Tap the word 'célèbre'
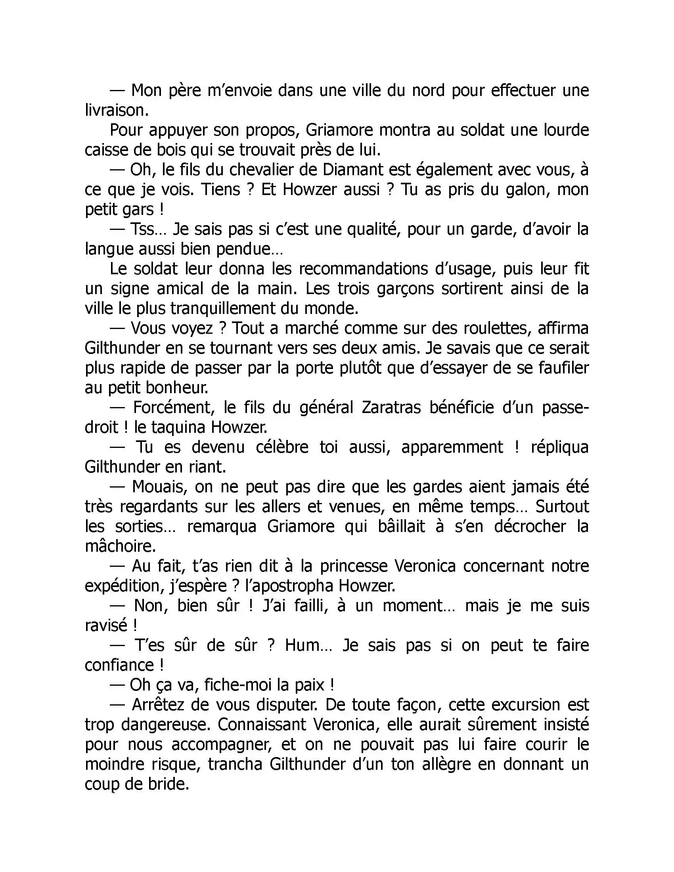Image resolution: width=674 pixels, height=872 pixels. coord(282,447)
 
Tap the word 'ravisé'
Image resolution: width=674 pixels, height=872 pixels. coord(106,625)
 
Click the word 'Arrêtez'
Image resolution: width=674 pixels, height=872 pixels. coord(157,705)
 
